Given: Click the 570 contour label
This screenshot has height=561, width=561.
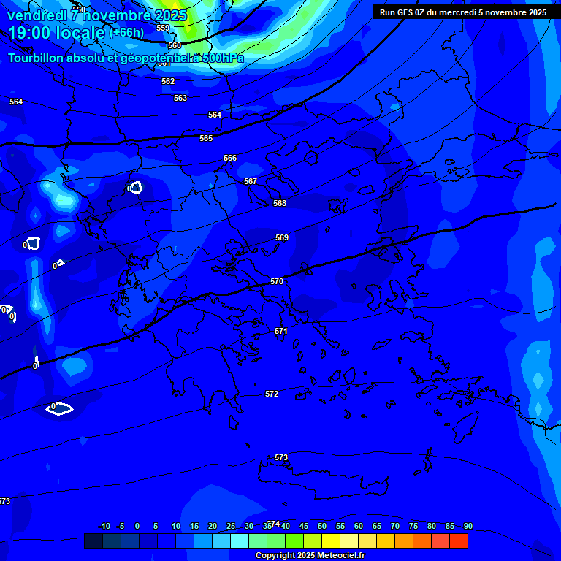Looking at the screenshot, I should [277, 281].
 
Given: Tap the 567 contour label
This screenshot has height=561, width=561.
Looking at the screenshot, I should [251, 181].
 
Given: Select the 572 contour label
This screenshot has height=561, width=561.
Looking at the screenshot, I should [272, 394].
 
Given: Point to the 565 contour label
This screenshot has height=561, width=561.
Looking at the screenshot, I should [206, 138].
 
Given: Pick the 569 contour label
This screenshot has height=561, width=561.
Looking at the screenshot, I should [282, 237].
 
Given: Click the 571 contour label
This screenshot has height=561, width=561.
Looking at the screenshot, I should [281, 331].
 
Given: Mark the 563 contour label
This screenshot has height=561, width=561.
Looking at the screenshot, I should [180, 98].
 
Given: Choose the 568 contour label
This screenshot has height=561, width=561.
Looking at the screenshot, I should [280, 203].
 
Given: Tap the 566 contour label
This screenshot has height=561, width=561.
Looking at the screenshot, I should [230, 158].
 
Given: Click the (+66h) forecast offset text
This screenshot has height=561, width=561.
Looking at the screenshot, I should [126, 33].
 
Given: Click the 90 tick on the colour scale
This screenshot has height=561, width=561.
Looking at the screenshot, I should [467, 526].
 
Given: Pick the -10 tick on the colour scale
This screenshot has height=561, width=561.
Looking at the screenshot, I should [104, 526].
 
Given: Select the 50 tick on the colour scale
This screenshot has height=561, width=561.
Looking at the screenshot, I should [321, 526].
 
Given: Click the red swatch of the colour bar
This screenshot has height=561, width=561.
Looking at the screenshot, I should [459, 541].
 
